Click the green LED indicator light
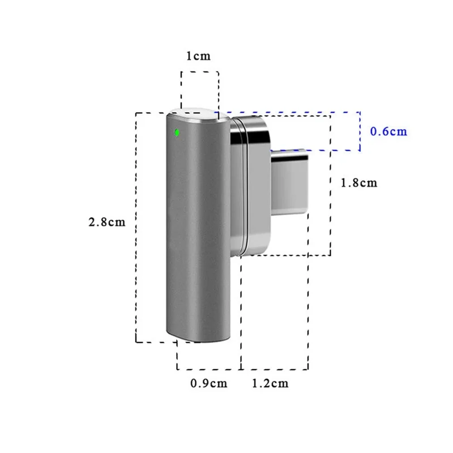[177, 133]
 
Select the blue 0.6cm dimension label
[388, 131]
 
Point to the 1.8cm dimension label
[358, 183]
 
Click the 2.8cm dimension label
[106, 222]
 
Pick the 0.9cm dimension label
[208, 383]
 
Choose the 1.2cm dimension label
[270, 383]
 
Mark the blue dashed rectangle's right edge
[360, 131]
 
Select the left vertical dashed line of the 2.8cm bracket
[136, 226]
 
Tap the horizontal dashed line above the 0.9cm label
[208, 370]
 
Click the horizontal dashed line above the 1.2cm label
[275, 370]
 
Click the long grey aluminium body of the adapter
[198, 226]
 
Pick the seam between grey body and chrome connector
[230, 187]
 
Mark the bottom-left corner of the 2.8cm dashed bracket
[136, 342]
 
